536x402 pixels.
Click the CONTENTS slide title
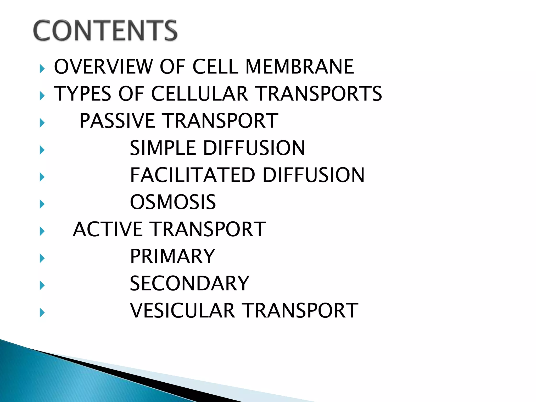pos(105,30)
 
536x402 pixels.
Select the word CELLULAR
pos(199,94)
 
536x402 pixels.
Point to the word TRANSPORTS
pos(319,94)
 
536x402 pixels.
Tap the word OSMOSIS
pos(173,202)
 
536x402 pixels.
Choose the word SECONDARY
pos(189,283)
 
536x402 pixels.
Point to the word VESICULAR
pos(182,311)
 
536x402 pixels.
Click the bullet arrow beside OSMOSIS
pos(42,204)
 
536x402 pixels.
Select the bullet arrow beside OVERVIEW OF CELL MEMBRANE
pos(42,69)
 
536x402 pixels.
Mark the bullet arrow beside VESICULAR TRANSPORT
pos(42,312)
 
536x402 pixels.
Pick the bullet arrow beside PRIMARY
pos(42,258)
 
